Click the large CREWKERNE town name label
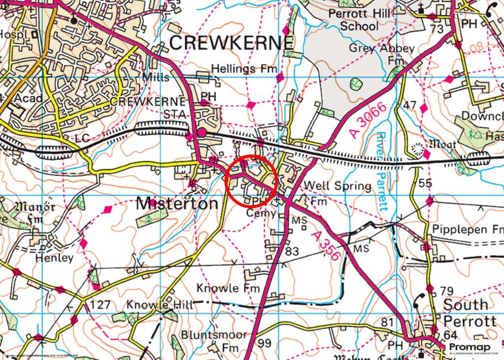point(231,43)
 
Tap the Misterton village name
point(177,203)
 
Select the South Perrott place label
point(470,313)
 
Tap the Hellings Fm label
point(244,69)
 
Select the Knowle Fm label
point(228,288)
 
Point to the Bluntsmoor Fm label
point(214,341)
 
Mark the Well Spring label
point(338,186)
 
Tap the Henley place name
point(54,257)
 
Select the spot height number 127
point(100,305)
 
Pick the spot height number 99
point(265,343)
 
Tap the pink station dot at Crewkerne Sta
point(202,132)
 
